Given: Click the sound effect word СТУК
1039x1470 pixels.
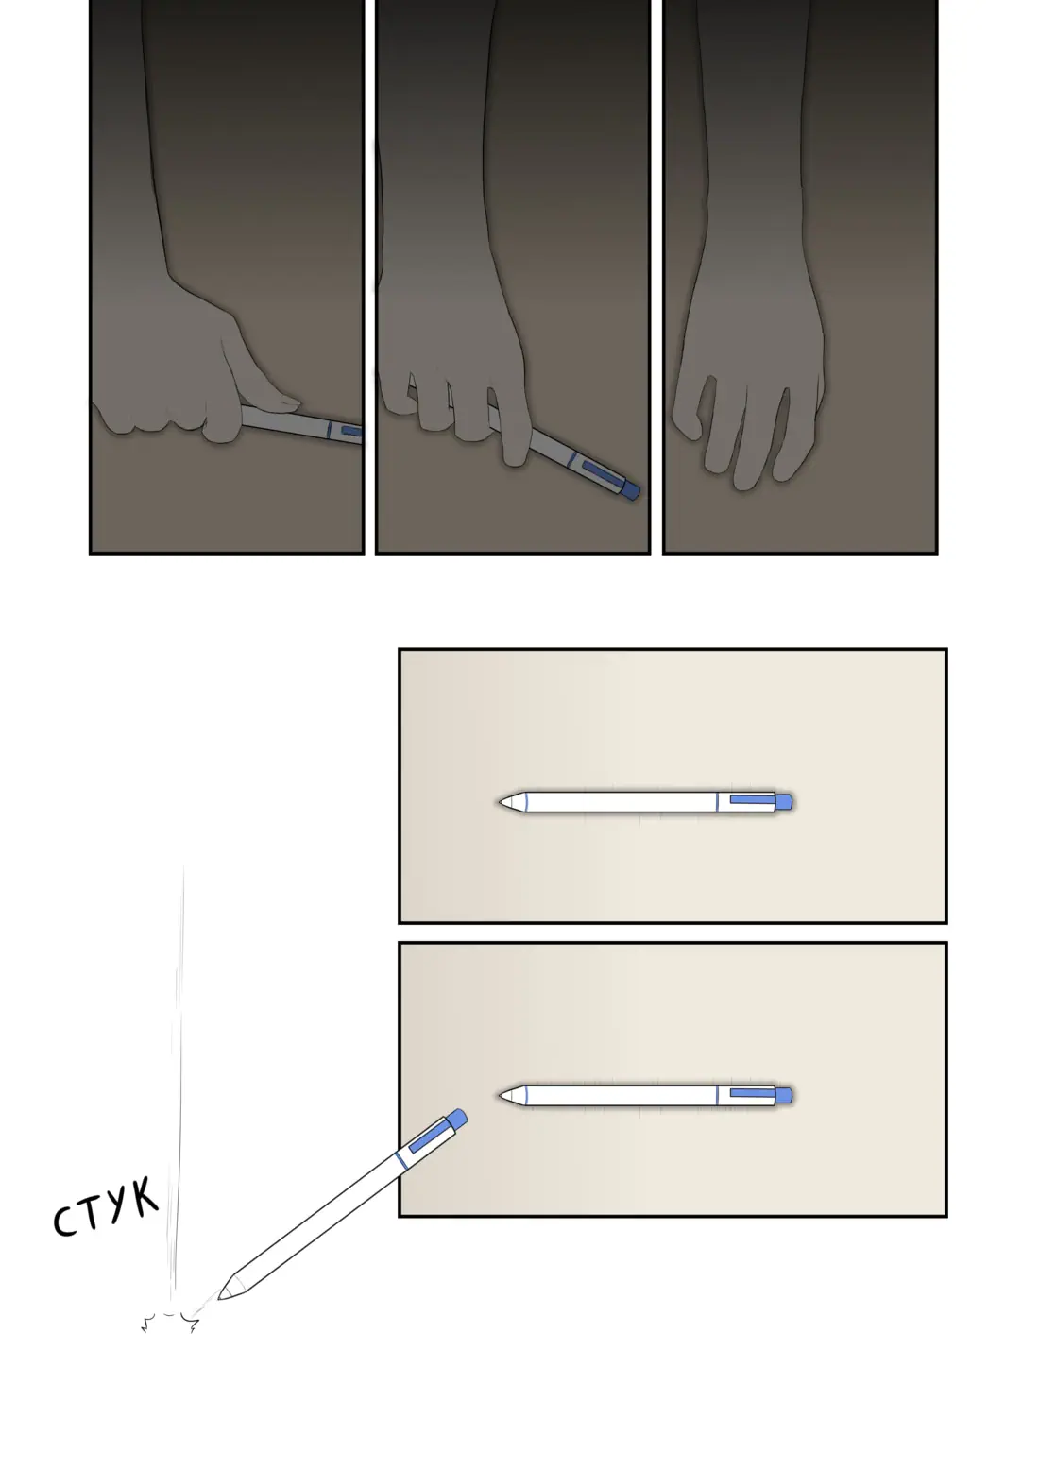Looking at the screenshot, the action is click(106, 1208).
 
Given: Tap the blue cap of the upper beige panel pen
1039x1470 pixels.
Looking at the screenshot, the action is click(784, 802).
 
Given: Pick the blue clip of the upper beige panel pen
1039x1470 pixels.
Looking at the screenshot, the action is click(753, 798).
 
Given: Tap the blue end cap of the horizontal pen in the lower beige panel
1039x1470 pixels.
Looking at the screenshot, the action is click(784, 1095).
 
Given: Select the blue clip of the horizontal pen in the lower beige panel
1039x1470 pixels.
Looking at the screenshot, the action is click(753, 1093).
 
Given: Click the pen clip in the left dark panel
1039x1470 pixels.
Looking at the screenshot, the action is click(352, 431).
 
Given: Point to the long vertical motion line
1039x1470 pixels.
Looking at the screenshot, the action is click(178, 1083).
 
